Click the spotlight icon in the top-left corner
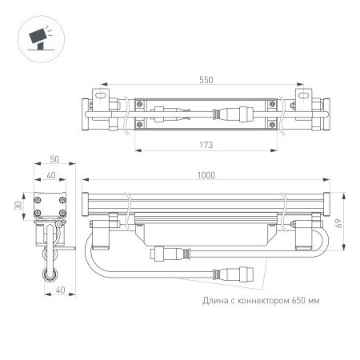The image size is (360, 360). click(x=38, y=36)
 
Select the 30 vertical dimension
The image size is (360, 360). click(x=18, y=206)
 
